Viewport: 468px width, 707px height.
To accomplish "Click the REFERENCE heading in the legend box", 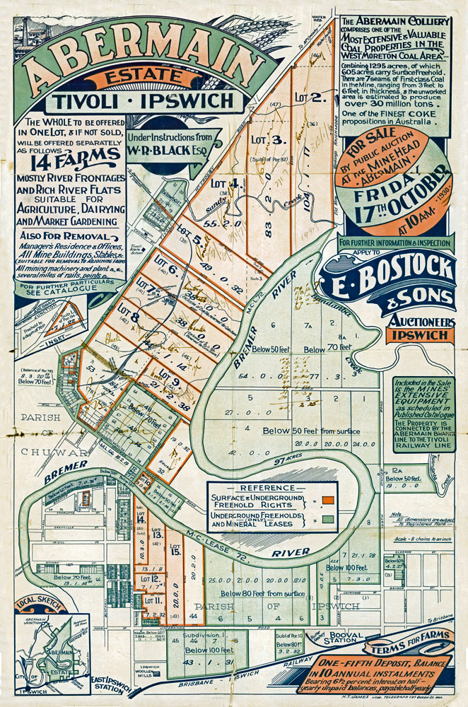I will point(261,488).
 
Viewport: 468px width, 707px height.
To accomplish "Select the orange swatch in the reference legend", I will point(328,501).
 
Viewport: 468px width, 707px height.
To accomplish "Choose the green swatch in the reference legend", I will point(328,520).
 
